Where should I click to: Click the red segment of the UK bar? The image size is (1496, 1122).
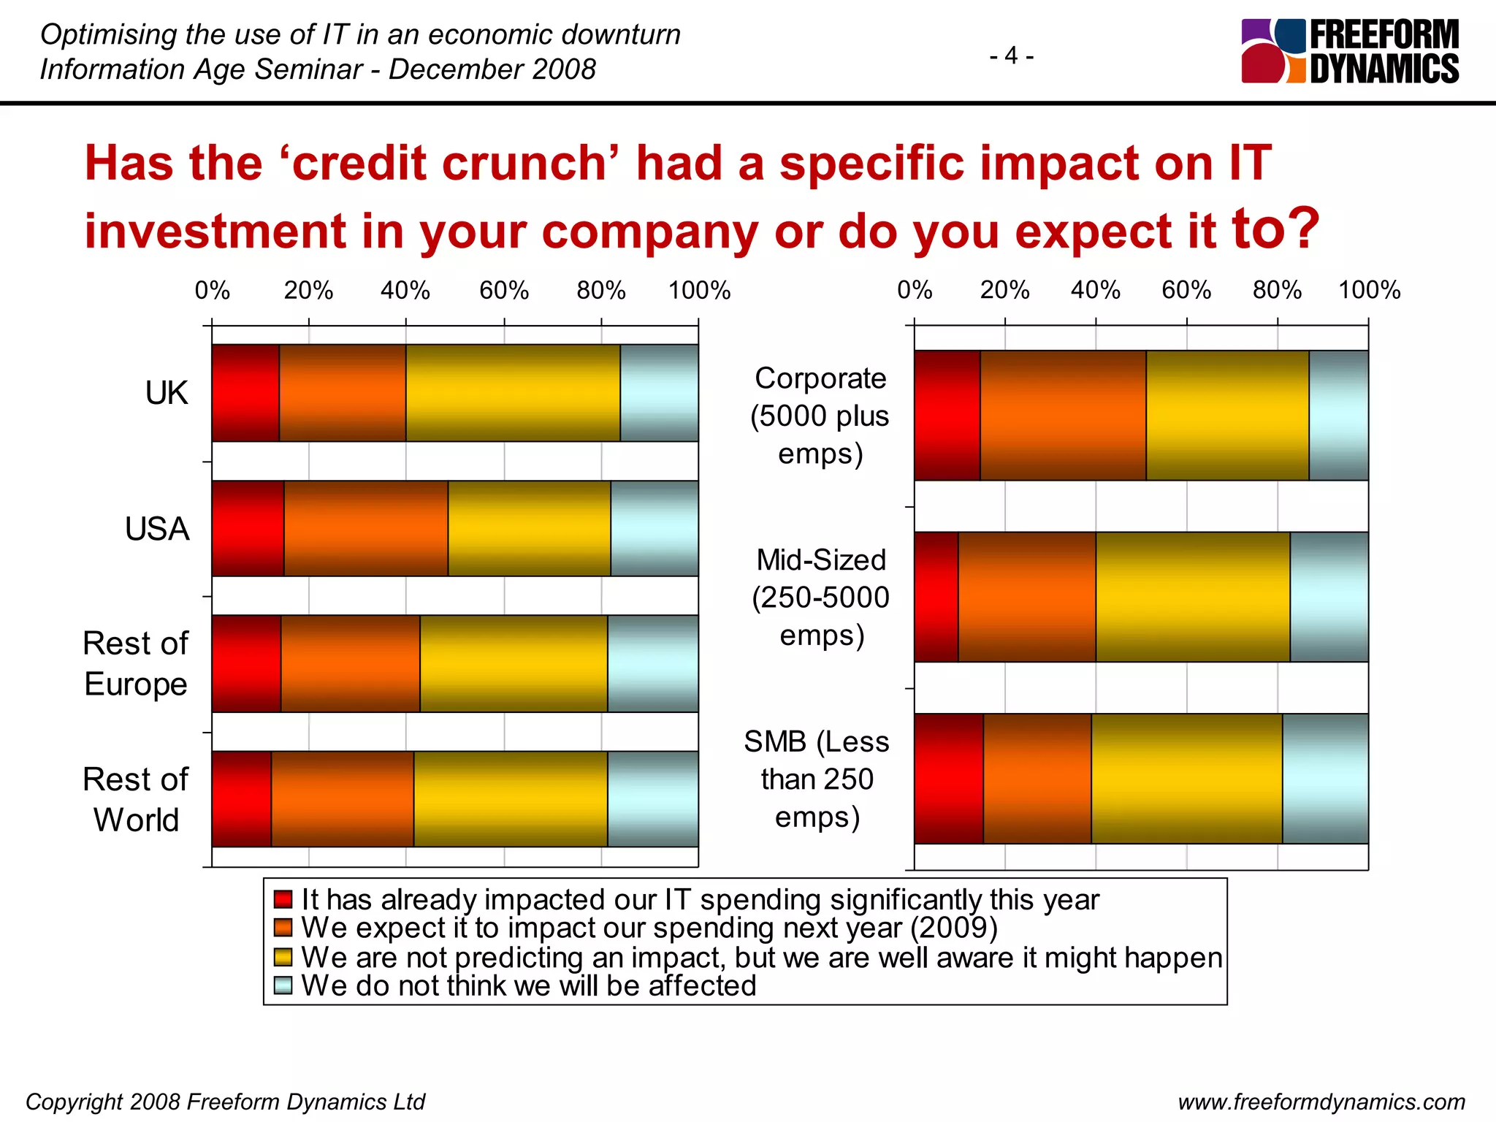tap(245, 393)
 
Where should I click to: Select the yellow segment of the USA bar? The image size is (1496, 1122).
tap(529, 528)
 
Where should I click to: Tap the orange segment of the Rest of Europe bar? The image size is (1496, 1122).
tap(350, 663)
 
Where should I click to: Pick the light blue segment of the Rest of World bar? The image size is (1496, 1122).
tap(652, 799)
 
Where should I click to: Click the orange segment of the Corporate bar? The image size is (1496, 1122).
tap(1063, 415)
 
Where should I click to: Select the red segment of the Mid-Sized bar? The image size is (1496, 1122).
tap(936, 597)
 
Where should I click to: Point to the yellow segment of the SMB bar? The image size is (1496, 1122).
tap(1186, 779)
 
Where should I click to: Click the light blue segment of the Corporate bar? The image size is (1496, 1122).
tap(1338, 415)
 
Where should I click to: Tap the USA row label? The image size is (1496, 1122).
tap(157, 529)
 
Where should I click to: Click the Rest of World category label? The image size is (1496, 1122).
tap(136, 799)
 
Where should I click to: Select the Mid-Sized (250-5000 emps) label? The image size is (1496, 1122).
tap(821, 598)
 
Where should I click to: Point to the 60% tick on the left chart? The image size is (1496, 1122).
tap(504, 291)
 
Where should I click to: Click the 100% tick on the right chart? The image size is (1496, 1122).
tap(1369, 291)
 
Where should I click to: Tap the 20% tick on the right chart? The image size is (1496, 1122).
tap(1004, 291)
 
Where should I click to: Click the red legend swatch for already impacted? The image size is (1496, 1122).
tap(283, 899)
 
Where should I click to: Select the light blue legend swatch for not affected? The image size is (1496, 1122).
tap(283, 985)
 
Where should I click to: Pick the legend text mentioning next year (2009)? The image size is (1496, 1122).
tap(649, 928)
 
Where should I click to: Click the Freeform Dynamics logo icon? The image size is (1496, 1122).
tap(1272, 51)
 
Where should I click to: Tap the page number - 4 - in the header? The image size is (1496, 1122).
tap(1011, 56)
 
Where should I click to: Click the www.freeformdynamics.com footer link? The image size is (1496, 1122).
tap(1321, 1102)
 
